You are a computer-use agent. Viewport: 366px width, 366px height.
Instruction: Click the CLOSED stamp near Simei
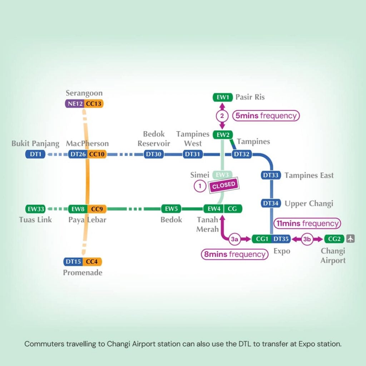224,185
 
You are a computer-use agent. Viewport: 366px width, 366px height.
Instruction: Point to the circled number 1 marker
200,186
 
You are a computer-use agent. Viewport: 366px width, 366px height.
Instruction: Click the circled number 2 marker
222,116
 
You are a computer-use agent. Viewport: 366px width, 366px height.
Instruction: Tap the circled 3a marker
234,239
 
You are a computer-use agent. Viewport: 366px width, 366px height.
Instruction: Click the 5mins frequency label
266,116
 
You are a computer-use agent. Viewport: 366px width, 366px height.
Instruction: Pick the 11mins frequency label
307,223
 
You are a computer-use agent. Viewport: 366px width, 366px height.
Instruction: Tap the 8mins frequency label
234,254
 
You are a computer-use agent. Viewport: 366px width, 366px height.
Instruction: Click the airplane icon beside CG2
351,239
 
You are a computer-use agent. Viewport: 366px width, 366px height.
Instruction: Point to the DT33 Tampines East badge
271,175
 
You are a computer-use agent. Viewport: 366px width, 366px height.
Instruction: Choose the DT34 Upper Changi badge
271,203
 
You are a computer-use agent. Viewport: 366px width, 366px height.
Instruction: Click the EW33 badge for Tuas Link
36,209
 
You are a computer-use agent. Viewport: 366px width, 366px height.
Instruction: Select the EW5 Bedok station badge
171,209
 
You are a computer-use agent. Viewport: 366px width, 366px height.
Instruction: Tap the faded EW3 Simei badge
222,175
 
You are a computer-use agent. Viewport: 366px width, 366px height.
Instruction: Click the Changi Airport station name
333,256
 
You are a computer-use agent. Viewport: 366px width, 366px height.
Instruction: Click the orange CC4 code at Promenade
92,262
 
